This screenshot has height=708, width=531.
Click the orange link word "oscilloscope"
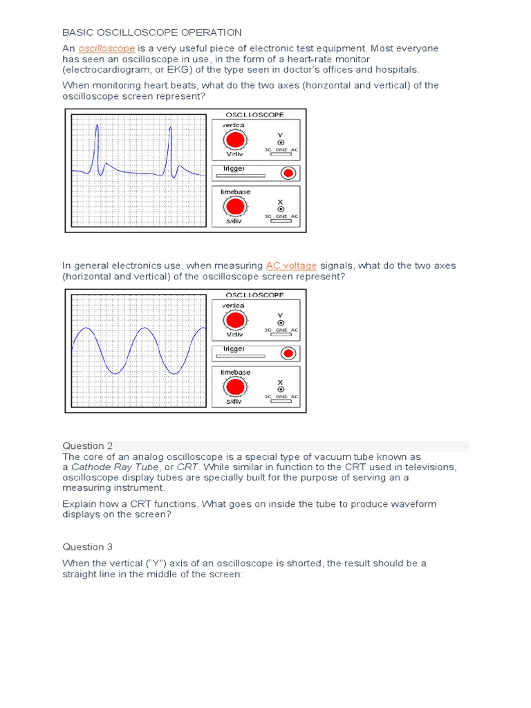click(106, 48)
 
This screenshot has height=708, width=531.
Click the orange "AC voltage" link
click(291, 265)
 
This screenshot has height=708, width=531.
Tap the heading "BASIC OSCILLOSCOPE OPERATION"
click(152, 32)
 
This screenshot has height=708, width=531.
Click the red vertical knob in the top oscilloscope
click(235, 140)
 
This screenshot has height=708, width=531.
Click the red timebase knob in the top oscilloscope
click(235, 207)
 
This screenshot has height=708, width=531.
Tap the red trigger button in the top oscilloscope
click(288, 173)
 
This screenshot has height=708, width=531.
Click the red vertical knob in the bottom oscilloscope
click(235, 320)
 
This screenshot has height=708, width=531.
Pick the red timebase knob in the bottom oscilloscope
click(235, 387)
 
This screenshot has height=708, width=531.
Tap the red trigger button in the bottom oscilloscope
click(288, 353)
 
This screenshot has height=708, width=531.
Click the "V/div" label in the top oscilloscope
click(234, 154)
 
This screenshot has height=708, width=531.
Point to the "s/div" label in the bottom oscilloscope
click(234, 402)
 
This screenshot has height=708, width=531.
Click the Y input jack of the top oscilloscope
click(280, 142)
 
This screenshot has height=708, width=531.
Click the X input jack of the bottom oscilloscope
click(280, 389)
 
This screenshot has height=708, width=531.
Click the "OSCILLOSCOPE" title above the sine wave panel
click(254, 295)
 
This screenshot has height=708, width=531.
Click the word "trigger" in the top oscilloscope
click(234, 169)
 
